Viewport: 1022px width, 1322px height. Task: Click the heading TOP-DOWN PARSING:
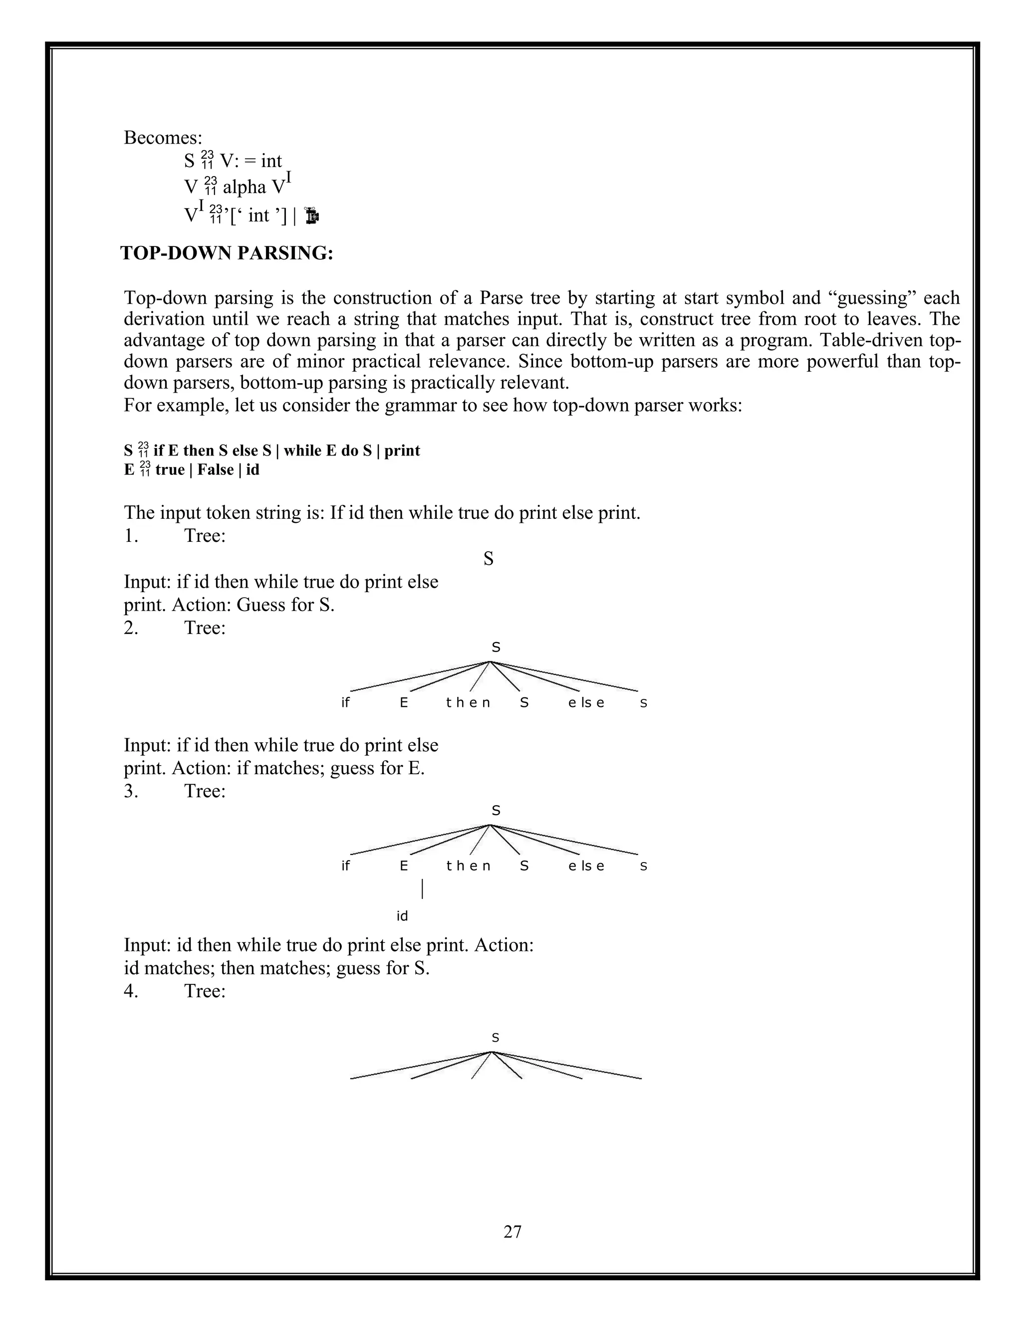(x=227, y=253)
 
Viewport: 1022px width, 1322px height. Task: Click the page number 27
(x=511, y=1231)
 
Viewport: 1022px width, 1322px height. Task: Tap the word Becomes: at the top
(x=163, y=137)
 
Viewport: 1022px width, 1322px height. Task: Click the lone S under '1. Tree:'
(x=488, y=559)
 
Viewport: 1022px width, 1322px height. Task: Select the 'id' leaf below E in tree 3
(x=402, y=916)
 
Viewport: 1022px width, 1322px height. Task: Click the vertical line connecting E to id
(x=422, y=889)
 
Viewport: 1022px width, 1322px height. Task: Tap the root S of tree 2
(x=496, y=648)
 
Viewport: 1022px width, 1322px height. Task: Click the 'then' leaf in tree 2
(x=468, y=703)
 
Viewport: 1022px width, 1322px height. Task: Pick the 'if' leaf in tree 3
(x=345, y=866)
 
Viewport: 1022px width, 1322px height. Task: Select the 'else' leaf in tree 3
(x=586, y=866)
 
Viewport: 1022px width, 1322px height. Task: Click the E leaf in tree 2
(x=404, y=703)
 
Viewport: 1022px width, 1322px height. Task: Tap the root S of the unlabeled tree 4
(x=495, y=1038)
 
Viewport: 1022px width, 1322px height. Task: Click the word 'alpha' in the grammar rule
(x=245, y=187)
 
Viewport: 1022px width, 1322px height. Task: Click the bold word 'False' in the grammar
(x=216, y=470)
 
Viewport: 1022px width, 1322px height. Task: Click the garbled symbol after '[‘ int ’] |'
(x=312, y=216)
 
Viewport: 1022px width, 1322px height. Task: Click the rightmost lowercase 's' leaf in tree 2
(x=644, y=703)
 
